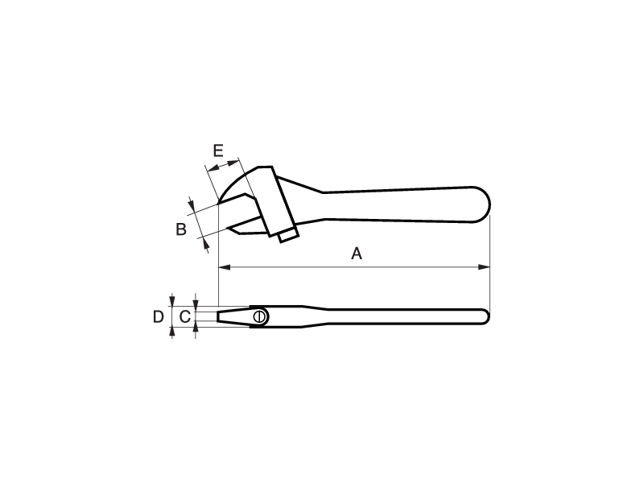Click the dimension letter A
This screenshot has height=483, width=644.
[x=357, y=254]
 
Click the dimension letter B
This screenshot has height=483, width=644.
[x=181, y=229]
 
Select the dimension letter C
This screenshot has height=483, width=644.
[x=185, y=316]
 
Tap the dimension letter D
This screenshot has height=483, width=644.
[x=158, y=316]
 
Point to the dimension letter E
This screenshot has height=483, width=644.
[x=218, y=151]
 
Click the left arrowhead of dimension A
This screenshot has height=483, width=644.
[x=225, y=267]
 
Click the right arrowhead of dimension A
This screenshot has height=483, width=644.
[x=485, y=267]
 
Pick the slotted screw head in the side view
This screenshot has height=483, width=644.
[x=259, y=316]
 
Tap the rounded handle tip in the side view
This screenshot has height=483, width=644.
[x=485, y=316]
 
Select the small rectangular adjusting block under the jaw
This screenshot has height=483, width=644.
[x=288, y=235]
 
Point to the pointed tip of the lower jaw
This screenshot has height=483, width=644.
[x=228, y=228]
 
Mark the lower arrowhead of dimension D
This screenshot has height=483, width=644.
[x=172, y=332]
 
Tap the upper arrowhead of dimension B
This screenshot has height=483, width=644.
[x=192, y=203]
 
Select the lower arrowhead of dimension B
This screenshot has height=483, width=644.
[x=205, y=244]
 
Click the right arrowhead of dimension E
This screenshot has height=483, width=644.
[x=233, y=163]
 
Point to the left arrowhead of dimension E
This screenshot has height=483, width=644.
[x=213, y=168]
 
